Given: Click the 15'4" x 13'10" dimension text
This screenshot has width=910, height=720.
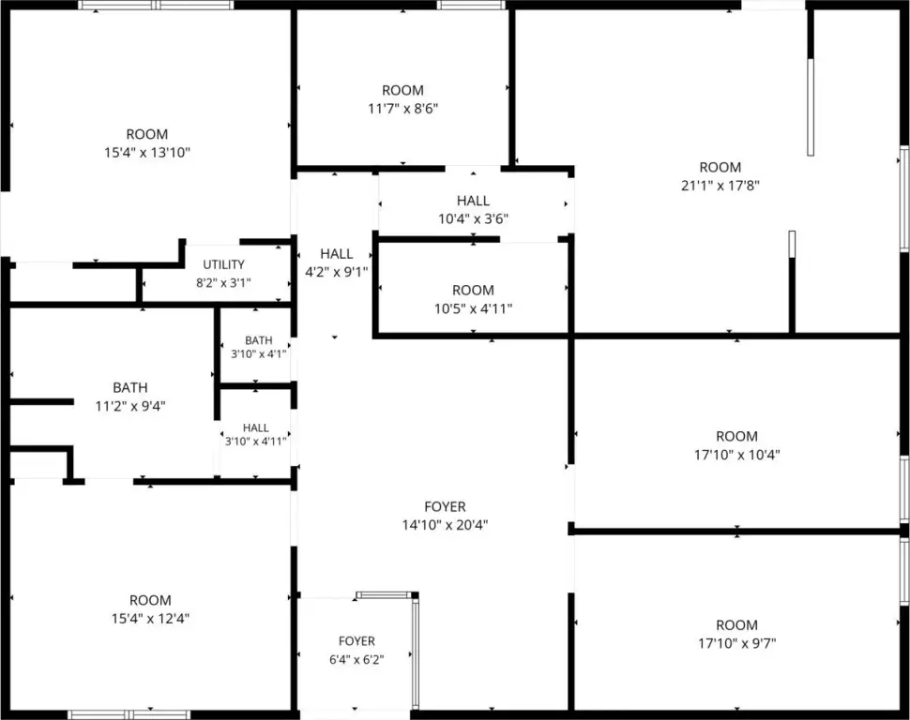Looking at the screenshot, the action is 147,153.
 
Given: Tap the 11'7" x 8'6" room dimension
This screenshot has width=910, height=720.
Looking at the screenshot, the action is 402,109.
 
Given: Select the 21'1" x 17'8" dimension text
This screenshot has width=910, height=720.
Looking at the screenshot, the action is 720,186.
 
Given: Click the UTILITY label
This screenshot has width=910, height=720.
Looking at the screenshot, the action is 223,264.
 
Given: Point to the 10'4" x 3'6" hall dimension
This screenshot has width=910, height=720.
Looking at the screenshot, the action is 473,218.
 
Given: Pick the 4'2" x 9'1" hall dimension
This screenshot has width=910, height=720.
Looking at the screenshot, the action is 337,272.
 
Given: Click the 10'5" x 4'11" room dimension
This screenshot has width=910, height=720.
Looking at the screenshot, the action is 473,308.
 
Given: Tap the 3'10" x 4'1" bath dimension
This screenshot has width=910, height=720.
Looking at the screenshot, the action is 258,354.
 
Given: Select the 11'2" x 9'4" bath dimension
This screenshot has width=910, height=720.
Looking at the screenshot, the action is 130,406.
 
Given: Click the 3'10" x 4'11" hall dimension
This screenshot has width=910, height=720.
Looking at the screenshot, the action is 256,442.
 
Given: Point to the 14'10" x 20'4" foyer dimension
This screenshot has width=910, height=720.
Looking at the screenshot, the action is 445,525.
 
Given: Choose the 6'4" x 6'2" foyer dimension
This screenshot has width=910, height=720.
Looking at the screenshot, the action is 356,660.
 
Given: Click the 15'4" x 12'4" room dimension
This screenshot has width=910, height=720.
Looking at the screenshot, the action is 150,619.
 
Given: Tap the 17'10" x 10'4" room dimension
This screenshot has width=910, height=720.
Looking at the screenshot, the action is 737,455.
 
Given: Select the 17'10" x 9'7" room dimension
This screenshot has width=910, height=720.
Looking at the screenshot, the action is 737,643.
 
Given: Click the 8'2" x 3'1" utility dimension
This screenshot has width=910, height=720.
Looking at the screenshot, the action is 223,283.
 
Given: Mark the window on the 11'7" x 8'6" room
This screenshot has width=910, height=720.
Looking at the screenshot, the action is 471,6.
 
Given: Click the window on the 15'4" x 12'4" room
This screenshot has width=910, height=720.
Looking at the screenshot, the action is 129,714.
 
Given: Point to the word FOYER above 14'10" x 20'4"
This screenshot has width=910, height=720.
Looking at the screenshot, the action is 445,506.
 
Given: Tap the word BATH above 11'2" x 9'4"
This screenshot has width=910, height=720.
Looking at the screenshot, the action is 130,387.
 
